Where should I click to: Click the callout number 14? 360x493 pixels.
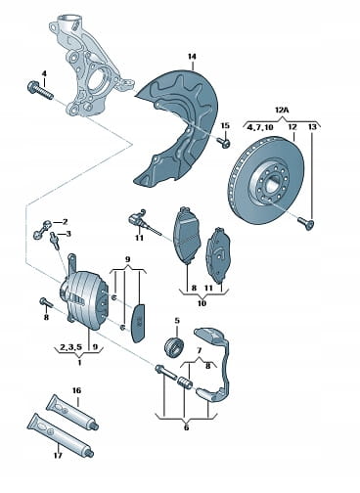(x=192, y=57)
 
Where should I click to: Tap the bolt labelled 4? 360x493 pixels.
(x=39, y=91)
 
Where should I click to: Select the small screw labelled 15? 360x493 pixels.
(x=224, y=142)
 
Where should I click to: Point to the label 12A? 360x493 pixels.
(x=282, y=111)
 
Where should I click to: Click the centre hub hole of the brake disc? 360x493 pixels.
(x=272, y=185)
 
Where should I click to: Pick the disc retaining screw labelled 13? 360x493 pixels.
(x=305, y=224)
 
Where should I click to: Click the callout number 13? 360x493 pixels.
(x=312, y=126)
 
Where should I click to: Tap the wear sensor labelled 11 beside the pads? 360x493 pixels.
(x=144, y=221)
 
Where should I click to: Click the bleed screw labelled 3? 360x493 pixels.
(x=54, y=241)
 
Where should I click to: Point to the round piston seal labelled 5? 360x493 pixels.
(x=174, y=345)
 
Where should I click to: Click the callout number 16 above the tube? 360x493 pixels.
(x=76, y=390)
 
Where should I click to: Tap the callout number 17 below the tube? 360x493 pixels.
(x=58, y=455)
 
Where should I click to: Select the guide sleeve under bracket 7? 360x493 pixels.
(x=185, y=381)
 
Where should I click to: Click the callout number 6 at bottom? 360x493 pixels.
(x=186, y=427)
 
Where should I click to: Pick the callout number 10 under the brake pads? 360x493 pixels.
(x=202, y=303)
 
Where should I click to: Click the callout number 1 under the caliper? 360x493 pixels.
(x=79, y=362)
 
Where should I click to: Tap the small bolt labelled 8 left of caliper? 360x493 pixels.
(x=46, y=302)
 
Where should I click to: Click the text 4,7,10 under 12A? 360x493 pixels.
(x=260, y=127)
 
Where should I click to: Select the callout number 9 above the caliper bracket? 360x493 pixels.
(x=127, y=259)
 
